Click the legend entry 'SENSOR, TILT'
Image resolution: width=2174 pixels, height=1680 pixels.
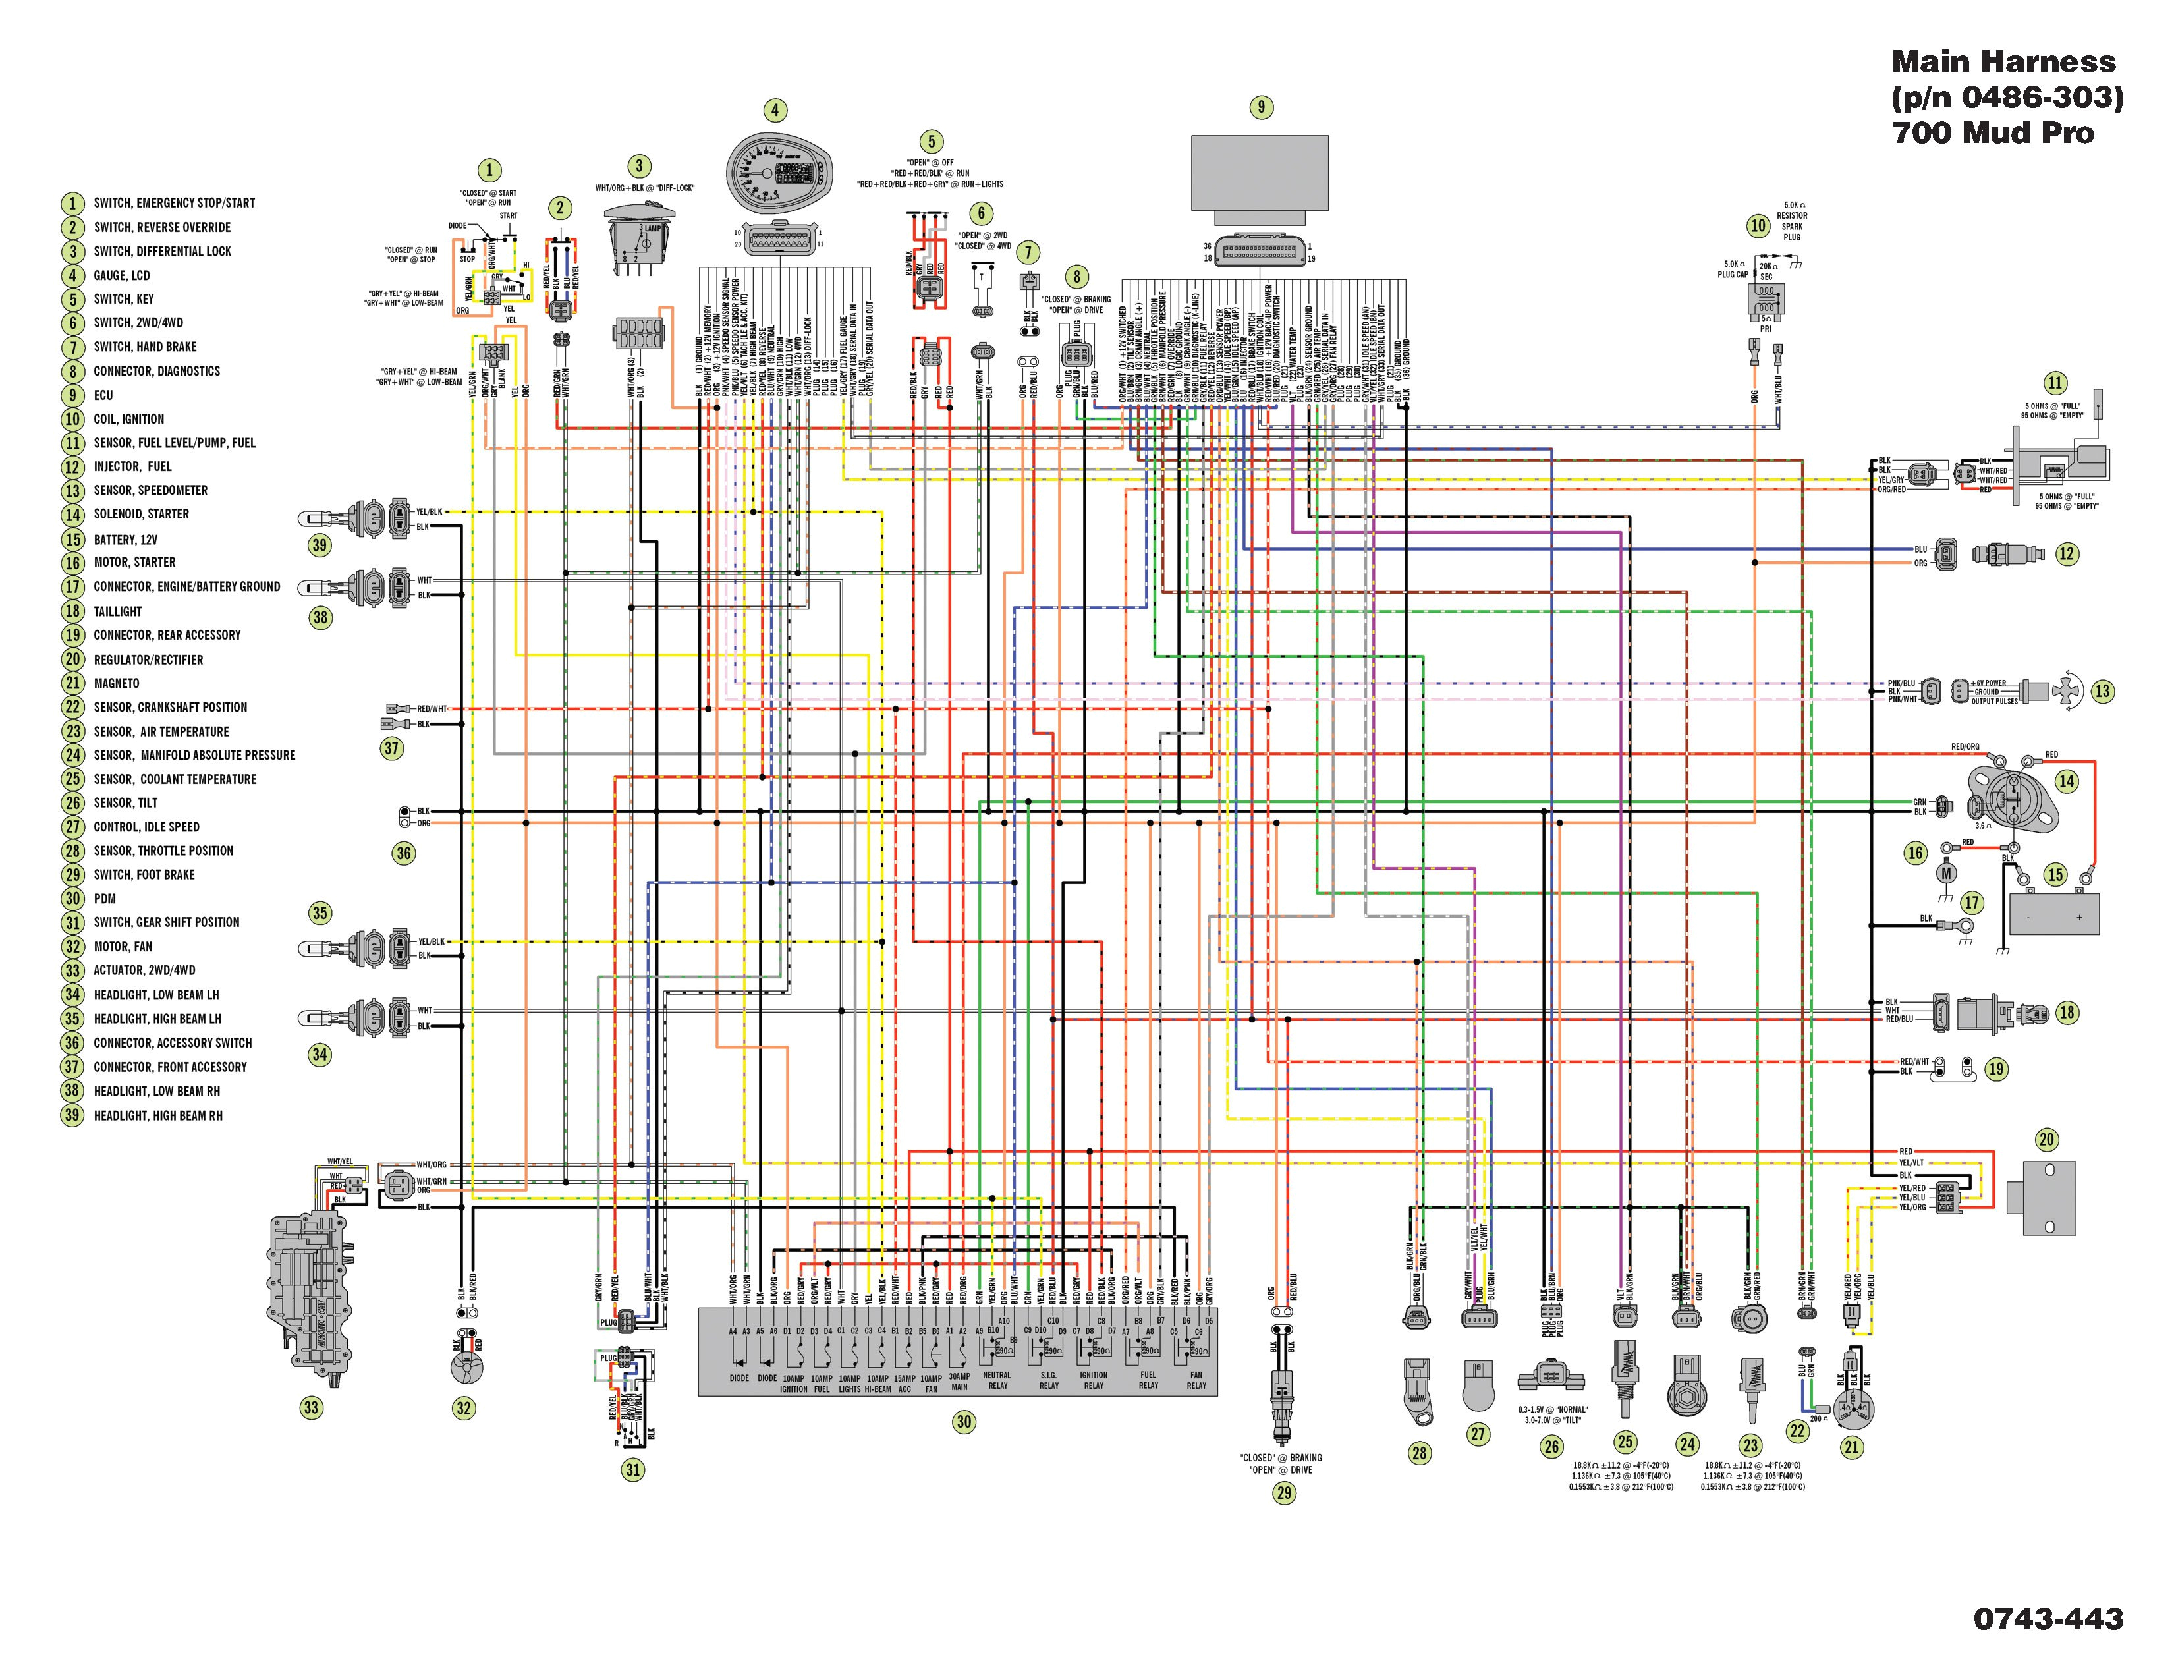[125, 803]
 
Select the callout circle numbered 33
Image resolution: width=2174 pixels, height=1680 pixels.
[312, 1407]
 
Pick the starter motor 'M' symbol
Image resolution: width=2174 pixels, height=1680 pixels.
[1945, 874]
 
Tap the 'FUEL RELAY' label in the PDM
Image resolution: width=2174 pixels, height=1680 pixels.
[1148, 1380]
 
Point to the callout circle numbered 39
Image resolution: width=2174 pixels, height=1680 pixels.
[320, 544]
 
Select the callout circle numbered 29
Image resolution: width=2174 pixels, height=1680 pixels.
[1284, 1493]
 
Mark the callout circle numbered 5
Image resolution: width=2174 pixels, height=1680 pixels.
[932, 142]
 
